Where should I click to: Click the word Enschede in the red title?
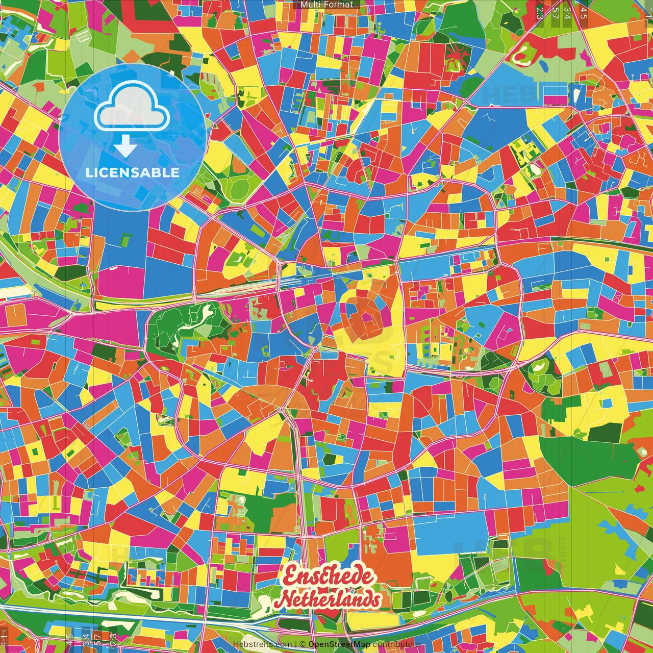[x=328, y=576]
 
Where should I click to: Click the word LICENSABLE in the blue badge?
[x=133, y=172]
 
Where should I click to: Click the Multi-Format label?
[x=326, y=5]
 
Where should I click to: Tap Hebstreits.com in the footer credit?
[x=262, y=644]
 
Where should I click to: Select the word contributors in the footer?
[x=397, y=644]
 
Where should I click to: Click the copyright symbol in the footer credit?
[x=302, y=644]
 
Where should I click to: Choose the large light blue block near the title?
[x=449, y=533]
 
